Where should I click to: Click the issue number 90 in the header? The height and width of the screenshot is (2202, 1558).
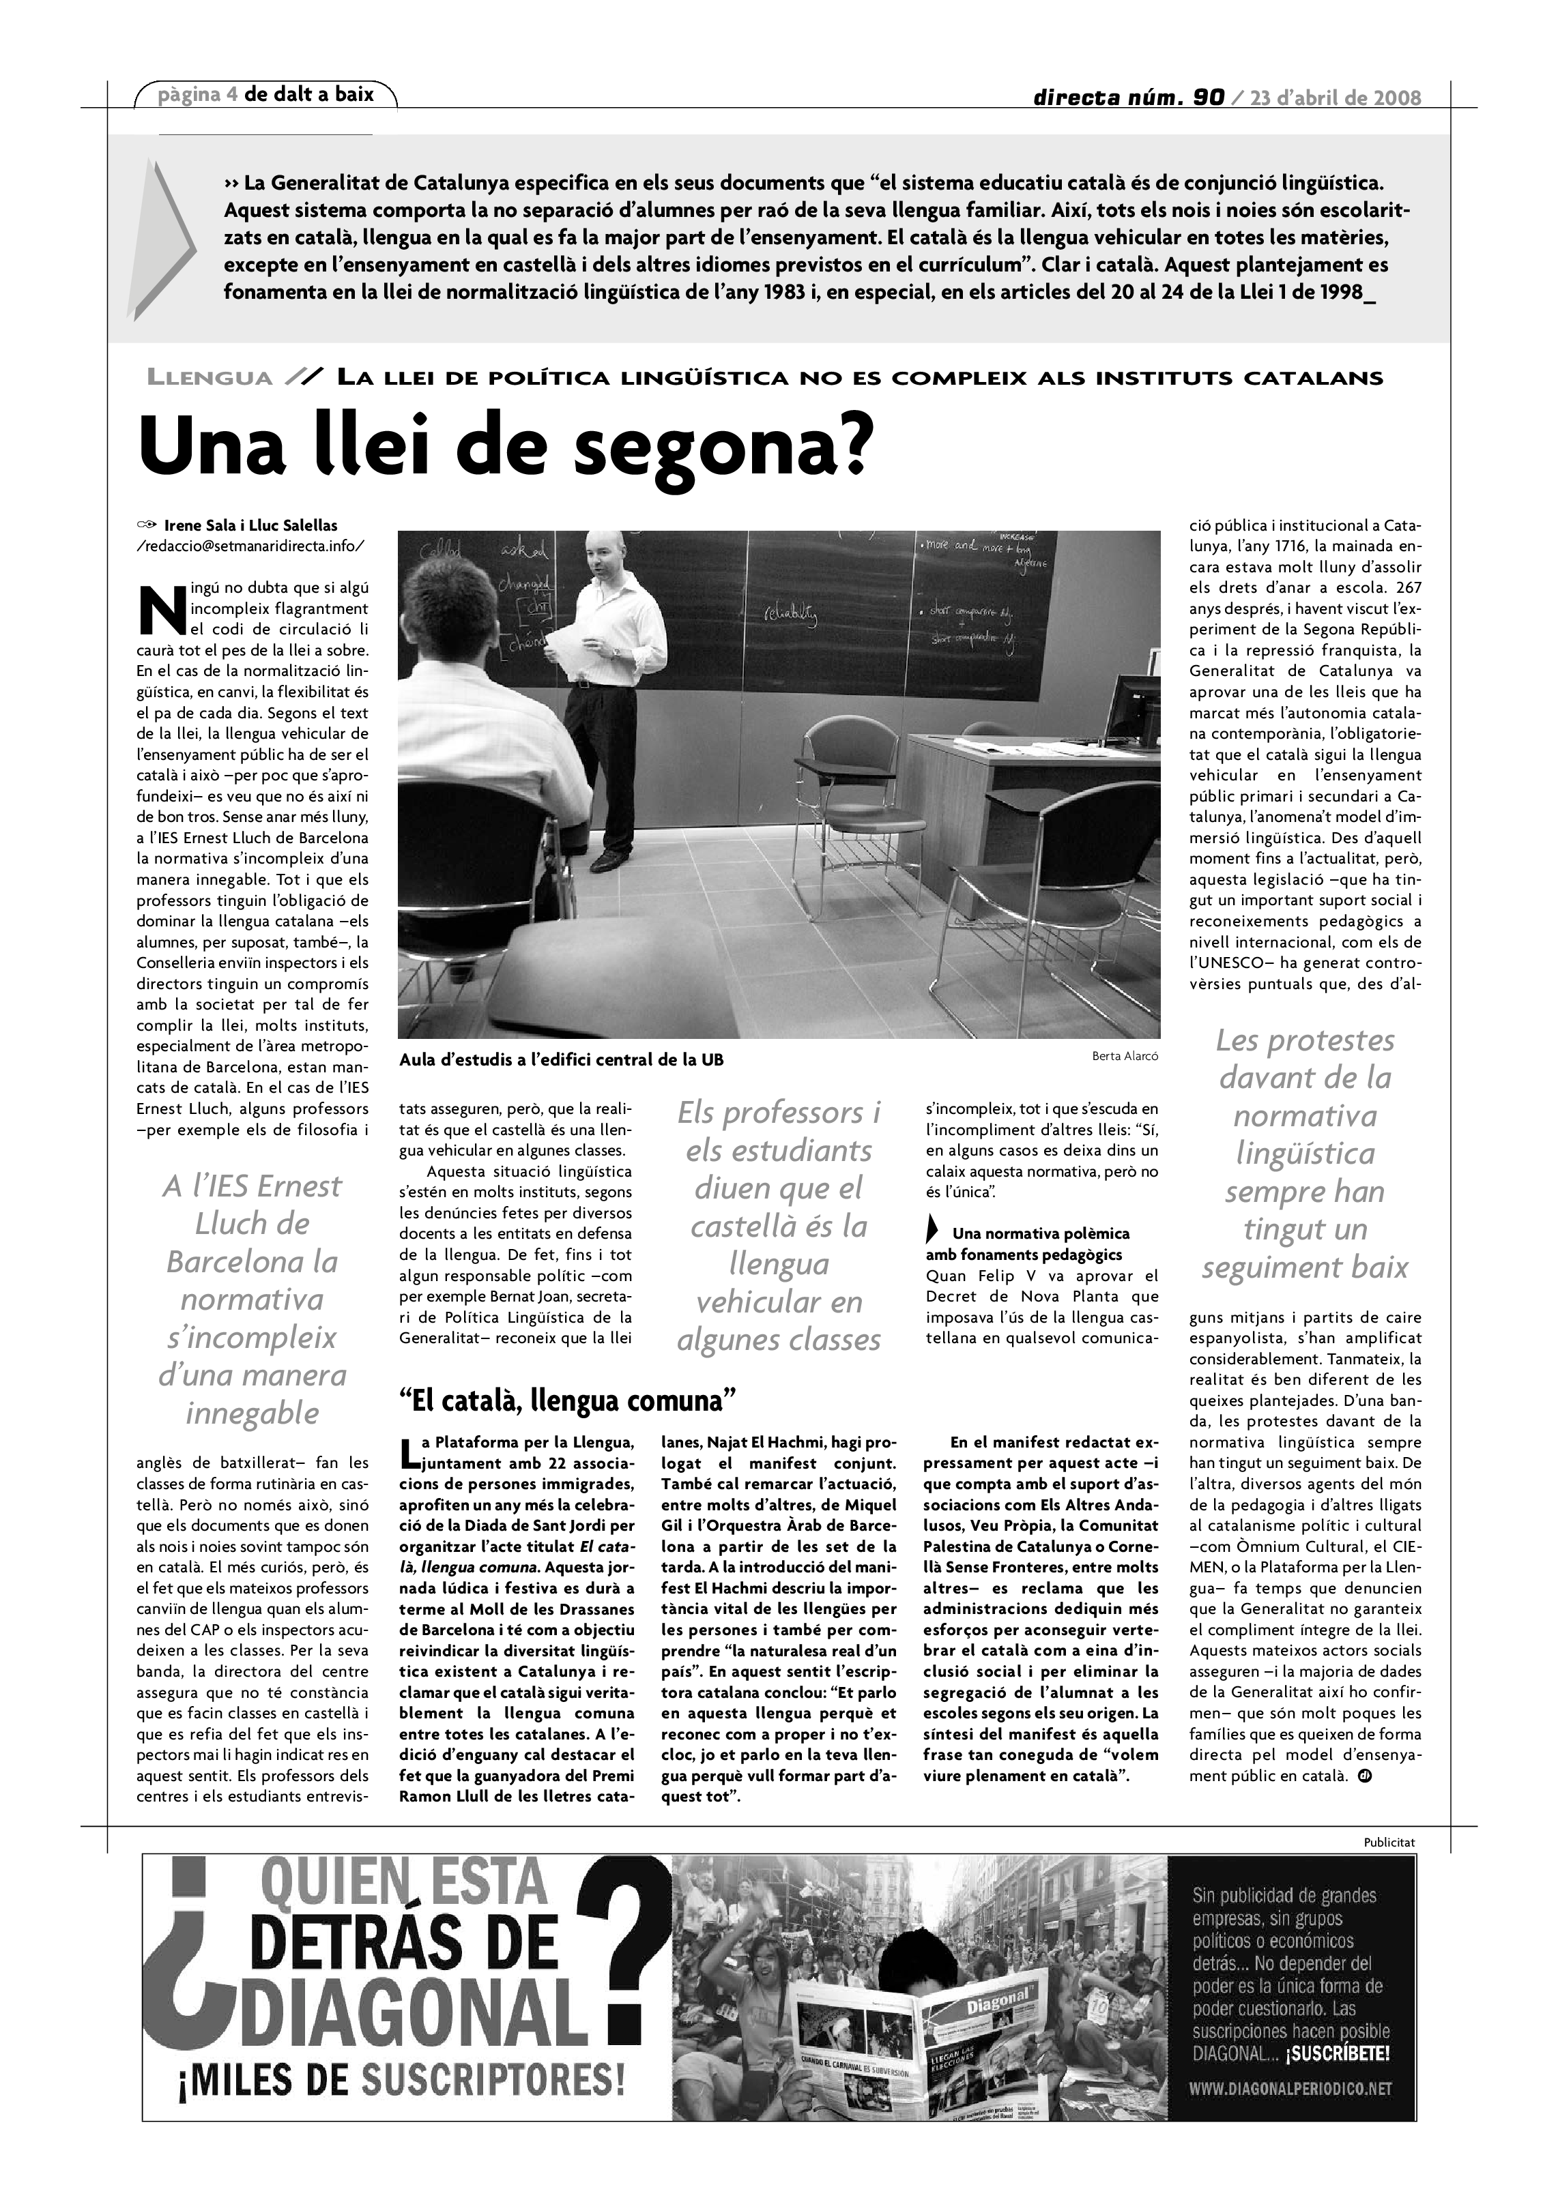click(1209, 97)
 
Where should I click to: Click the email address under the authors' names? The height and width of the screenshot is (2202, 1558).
click(250, 545)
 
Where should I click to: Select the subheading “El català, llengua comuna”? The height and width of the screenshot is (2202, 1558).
click(567, 1401)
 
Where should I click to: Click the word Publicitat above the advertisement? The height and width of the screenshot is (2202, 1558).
click(1388, 1841)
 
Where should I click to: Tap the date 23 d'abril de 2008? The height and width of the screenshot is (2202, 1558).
click(1336, 98)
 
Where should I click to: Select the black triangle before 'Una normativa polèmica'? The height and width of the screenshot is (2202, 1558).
click(932, 1231)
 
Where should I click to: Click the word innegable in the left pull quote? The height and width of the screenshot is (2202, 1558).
click(253, 1413)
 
